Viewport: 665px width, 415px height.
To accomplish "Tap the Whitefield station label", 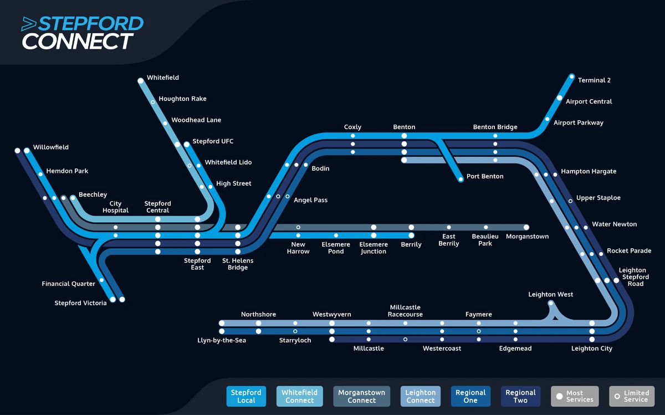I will point(163,78).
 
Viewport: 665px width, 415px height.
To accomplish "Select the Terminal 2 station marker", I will point(572,76).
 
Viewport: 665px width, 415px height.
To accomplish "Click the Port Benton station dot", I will point(461,179).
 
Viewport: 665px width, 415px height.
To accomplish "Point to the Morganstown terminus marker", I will point(526,227).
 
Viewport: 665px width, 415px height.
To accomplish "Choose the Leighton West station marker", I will point(551,303).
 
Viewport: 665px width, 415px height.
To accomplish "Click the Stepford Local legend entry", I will point(246,396).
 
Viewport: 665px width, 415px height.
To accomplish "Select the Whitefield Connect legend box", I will point(299,396).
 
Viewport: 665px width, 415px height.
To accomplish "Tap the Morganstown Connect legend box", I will point(361,396).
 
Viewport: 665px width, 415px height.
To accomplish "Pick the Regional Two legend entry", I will point(520,396).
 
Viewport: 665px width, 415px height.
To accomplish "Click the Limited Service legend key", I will point(631,396).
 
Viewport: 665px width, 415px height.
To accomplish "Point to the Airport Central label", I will point(589,102).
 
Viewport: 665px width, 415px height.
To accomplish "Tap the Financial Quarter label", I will point(69,284).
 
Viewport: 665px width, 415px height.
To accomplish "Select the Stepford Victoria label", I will point(80,303).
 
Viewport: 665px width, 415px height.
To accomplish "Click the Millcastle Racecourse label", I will point(405,311).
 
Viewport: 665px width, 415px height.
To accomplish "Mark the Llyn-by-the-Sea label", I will point(222,340).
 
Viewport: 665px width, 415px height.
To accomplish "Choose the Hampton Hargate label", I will point(589,172).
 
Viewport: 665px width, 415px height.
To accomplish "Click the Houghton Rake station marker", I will point(153,102).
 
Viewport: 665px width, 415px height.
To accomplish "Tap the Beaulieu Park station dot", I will point(485,227).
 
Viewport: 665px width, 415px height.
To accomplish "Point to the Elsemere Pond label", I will point(336,248).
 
